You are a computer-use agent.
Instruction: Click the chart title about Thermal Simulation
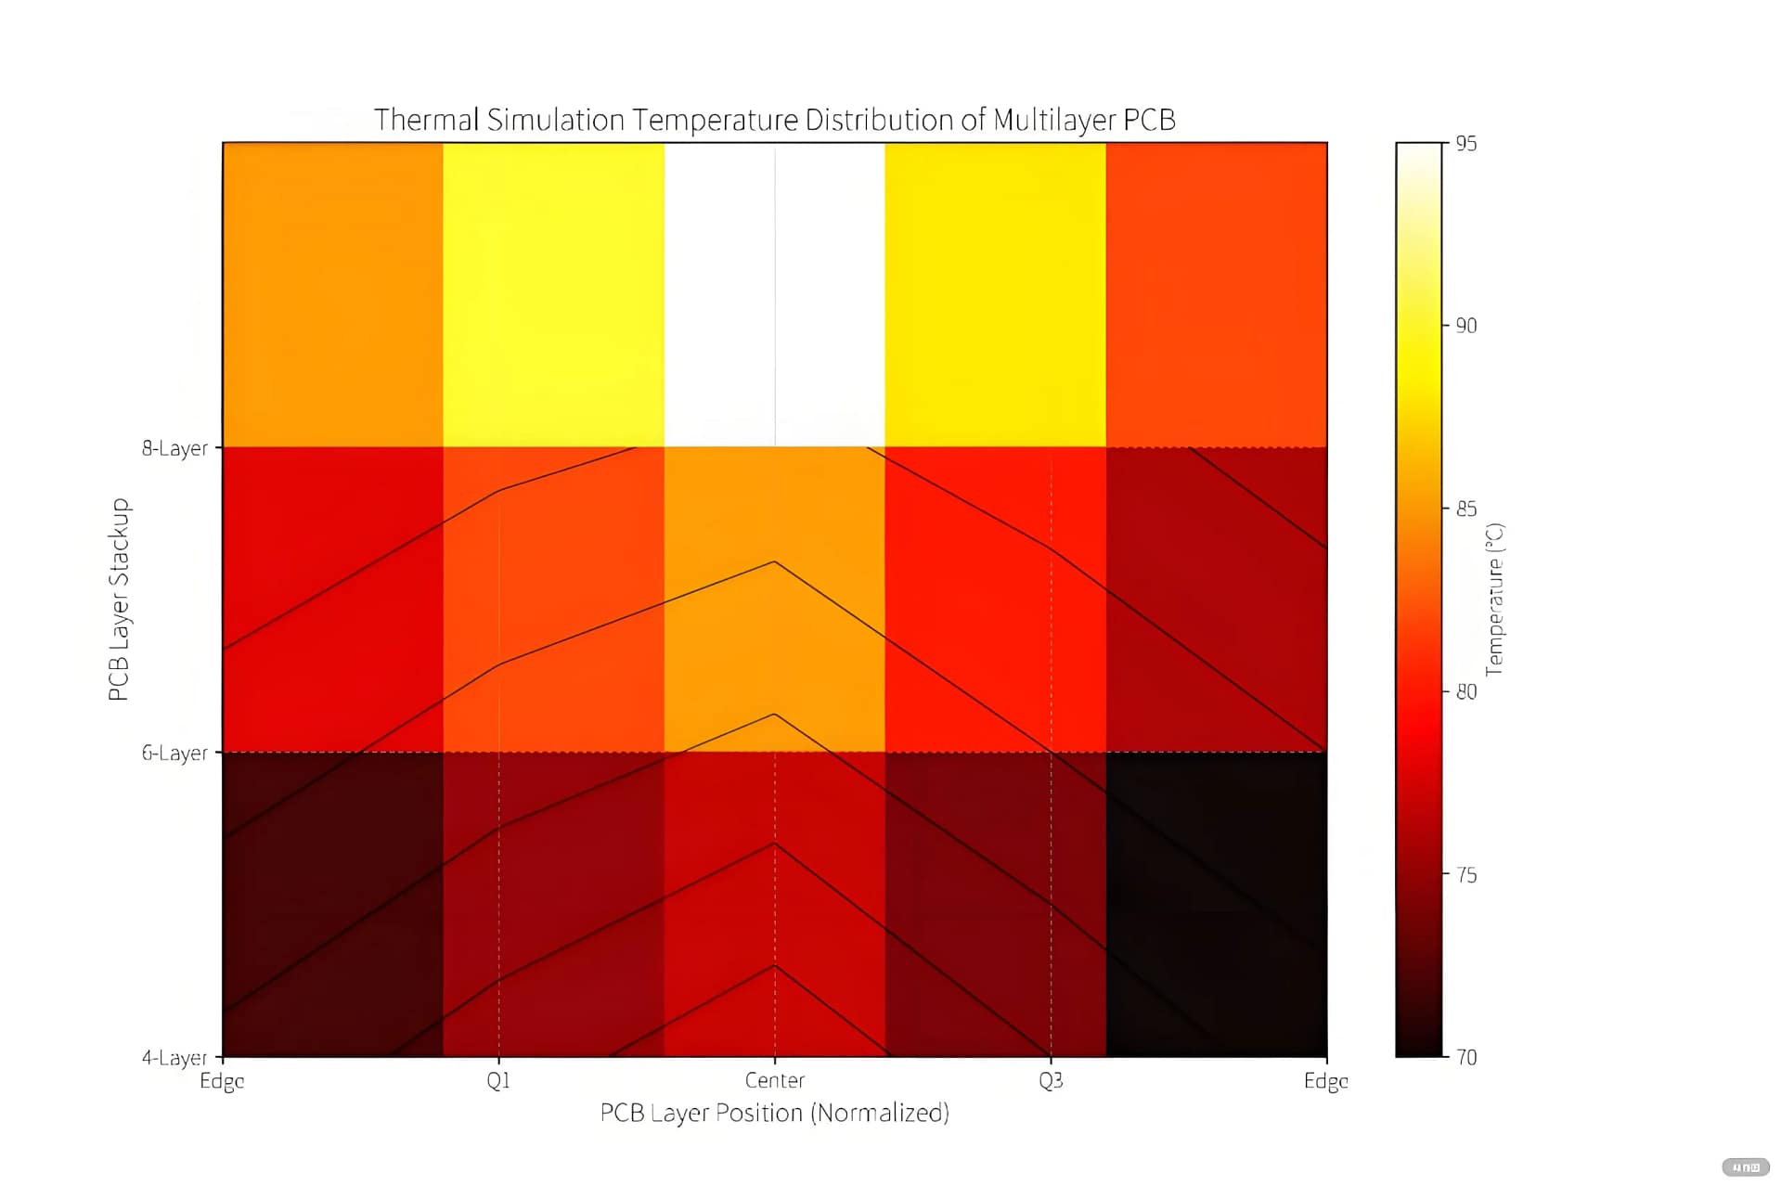click(x=774, y=120)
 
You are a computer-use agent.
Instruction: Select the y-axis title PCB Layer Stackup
click(x=119, y=599)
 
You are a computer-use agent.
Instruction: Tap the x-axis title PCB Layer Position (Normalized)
click(x=774, y=1113)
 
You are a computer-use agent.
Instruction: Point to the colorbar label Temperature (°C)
click(x=1494, y=599)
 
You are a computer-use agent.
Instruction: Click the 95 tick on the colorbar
click(x=1465, y=144)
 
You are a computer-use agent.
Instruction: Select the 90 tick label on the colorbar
click(x=1465, y=326)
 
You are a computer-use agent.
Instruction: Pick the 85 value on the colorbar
click(x=1465, y=509)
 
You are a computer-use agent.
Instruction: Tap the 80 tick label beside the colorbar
click(x=1465, y=691)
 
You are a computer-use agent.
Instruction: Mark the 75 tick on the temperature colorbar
click(x=1465, y=875)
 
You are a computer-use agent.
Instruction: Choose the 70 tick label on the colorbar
click(x=1465, y=1057)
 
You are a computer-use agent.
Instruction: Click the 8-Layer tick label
click(x=174, y=448)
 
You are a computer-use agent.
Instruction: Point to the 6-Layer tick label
click(x=174, y=753)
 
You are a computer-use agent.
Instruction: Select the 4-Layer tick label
click(x=174, y=1058)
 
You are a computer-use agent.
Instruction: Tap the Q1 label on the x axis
click(x=498, y=1081)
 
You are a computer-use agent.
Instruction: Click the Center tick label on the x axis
click(x=774, y=1081)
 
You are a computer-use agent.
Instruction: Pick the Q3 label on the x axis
click(x=1051, y=1081)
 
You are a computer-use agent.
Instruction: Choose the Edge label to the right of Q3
click(x=1325, y=1081)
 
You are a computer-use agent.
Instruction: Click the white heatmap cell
click(x=774, y=294)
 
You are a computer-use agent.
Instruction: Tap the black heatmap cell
click(x=1216, y=905)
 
